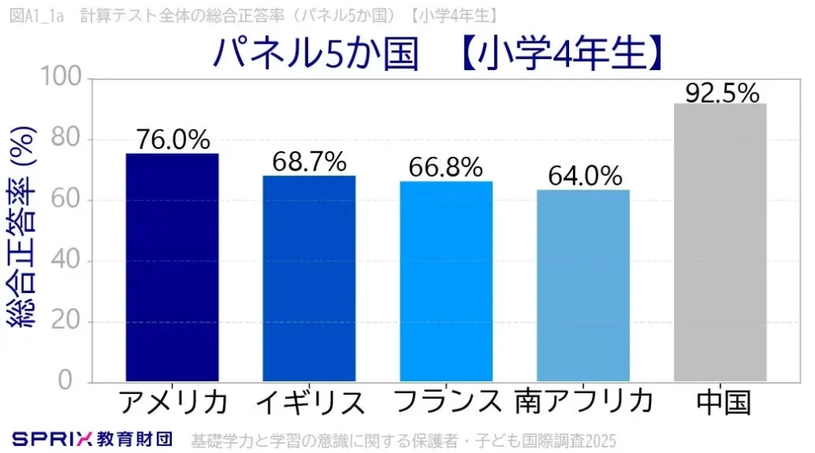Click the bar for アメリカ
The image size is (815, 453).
[173, 268]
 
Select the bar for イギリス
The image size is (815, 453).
[310, 279]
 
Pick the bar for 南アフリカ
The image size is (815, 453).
[583, 286]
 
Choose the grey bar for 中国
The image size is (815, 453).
[720, 243]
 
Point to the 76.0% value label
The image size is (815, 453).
[173, 140]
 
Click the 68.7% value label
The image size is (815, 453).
[310, 162]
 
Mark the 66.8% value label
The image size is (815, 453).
[446, 167]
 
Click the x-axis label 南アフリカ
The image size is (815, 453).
[584, 400]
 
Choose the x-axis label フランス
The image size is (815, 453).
[446, 400]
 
